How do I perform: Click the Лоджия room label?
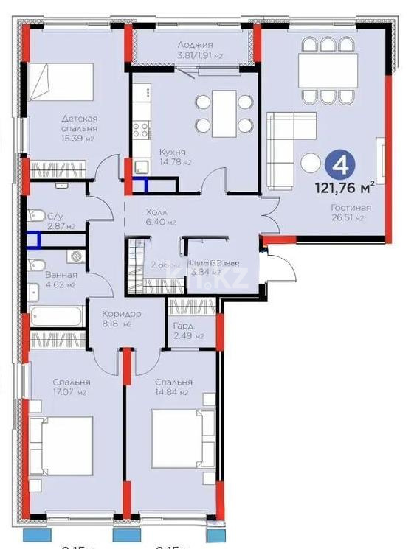pos(195,45)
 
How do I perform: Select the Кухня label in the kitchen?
pos(172,153)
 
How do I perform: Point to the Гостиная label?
pos(351,208)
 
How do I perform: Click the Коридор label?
pos(121,314)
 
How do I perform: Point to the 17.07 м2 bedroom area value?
pos(71,393)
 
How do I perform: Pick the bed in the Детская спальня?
pos(62,81)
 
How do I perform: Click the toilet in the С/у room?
pos(35,215)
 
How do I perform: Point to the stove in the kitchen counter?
pos(139,130)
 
